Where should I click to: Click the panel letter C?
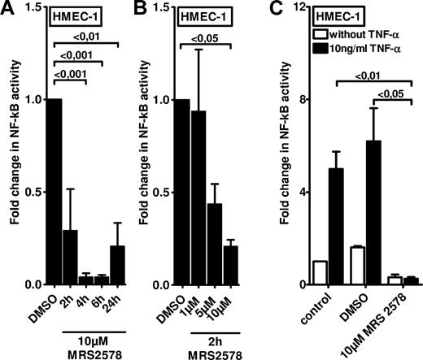pyautogui.click(x=286, y=9)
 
